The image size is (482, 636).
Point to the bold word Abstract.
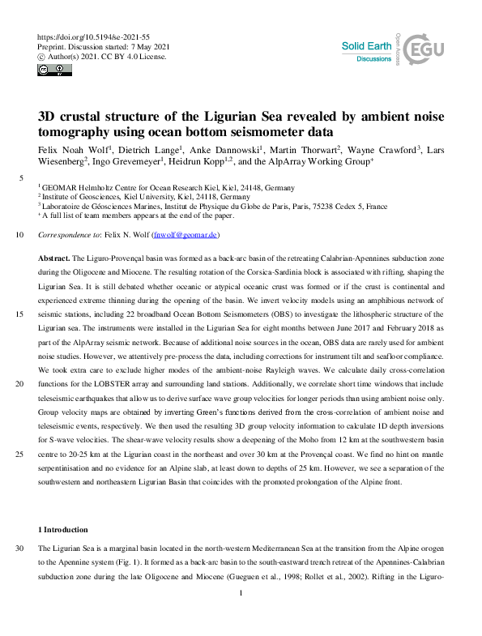(x=53, y=256)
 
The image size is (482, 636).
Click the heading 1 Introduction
(x=64, y=529)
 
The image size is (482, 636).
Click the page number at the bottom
(x=241, y=617)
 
